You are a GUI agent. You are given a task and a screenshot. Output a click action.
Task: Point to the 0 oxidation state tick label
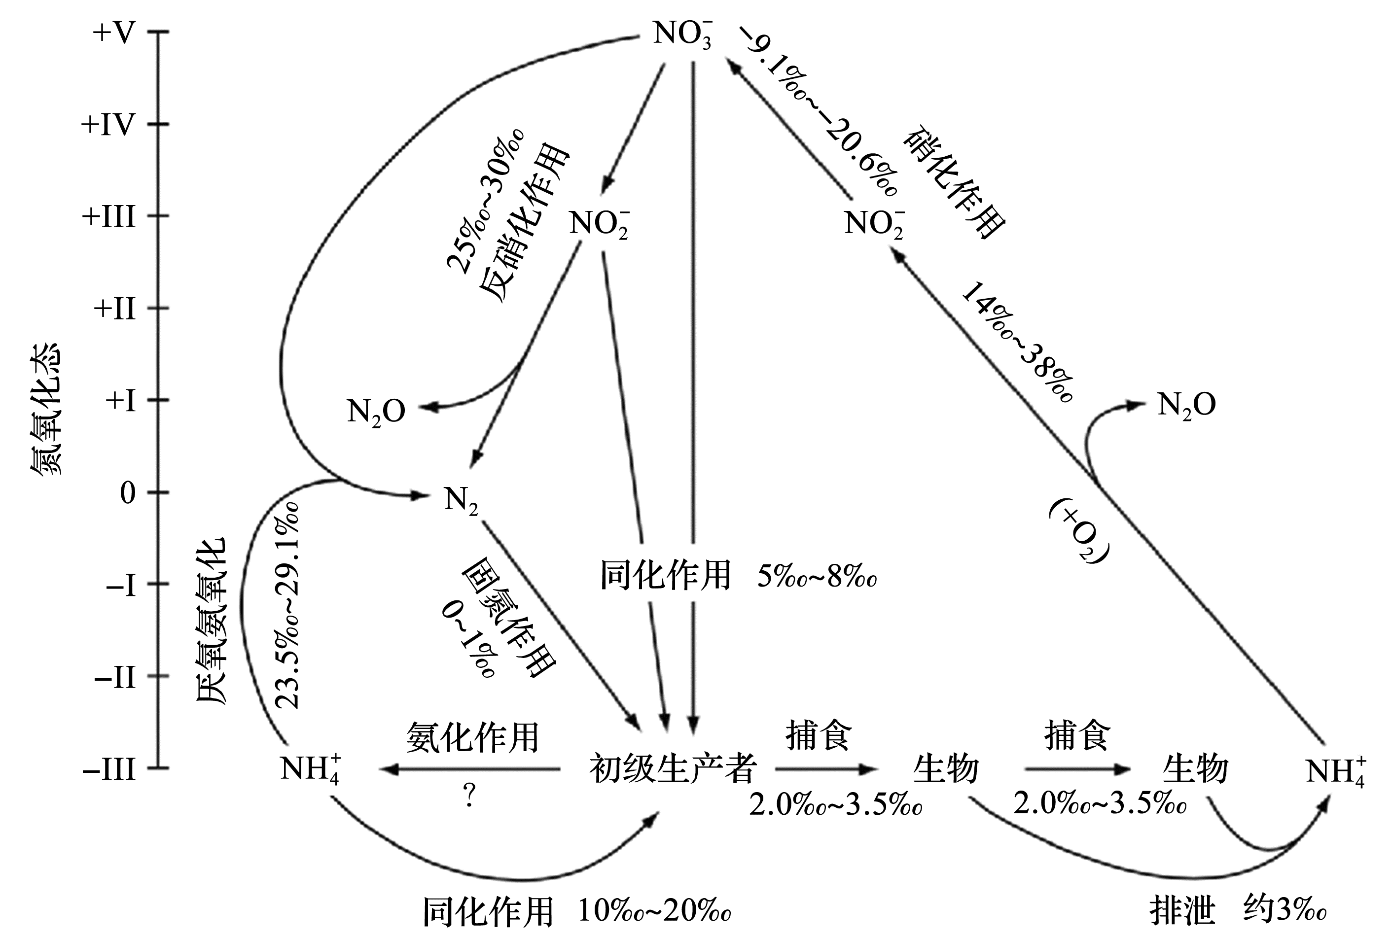point(128,493)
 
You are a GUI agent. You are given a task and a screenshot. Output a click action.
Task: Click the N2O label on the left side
point(376,412)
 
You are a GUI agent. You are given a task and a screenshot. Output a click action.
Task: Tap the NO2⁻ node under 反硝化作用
point(599,225)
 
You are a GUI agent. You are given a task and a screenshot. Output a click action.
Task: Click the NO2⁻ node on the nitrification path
point(874,225)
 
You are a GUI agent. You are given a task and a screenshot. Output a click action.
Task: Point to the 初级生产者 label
point(673,768)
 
